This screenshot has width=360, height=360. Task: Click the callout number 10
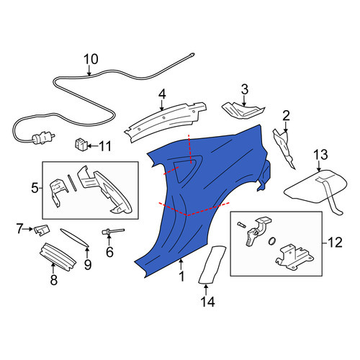pyautogui.click(x=91, y=59)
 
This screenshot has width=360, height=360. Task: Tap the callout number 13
pyautogui.click(x=320, y=155)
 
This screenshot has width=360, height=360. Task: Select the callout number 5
pyautogui.click(x=35, y=188)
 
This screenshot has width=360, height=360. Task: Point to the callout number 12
pyautogui.click(x=336, y=243)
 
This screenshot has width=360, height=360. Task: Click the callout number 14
pyautogui.click(x=207, y=301)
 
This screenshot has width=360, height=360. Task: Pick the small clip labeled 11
pyautogui.click(x=80, y=145)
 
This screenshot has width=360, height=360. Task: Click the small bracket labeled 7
pyautogui.click(x=42, y=230)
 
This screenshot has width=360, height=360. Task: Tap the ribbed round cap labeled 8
pyautogui.click(x=58, y=257)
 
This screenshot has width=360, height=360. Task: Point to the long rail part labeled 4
pyautogui.click(x=166, y=122)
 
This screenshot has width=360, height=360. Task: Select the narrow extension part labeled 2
pyautogui.click(x=285, y=149)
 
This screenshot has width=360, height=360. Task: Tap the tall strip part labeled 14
pyautogui.click(x=212, y=264)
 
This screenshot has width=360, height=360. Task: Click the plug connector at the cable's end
pyautogui.click(x=43, y=138)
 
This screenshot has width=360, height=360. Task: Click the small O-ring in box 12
pyautogui.click(x=272, y=241)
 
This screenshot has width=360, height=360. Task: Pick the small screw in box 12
pyautogui.click(x=241, y=225)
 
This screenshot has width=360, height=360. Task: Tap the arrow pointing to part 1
pyautogui.click(x=181, y=265)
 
